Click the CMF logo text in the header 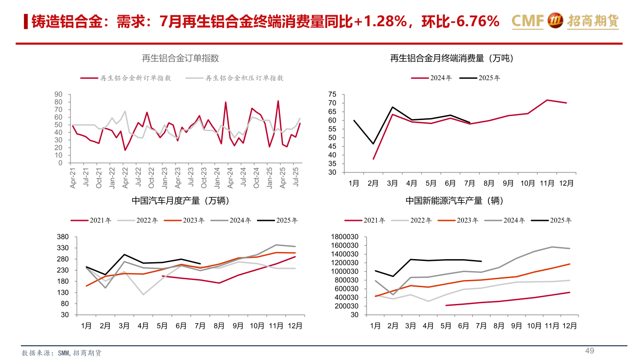click(527, 20)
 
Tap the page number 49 click(589, 351)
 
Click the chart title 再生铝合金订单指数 click(180, 58)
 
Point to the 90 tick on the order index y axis click(58, 94)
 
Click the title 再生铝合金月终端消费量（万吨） click(452, 58)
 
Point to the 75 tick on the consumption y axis click(332, 94)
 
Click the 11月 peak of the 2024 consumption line click(547, 100)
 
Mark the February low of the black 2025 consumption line click(373, 144)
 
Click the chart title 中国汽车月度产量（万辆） click(180, 201)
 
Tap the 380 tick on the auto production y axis click(63, 236)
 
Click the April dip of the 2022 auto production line click(143, 294)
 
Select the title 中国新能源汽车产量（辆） click(454, 201)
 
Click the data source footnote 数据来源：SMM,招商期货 click(62, 353)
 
